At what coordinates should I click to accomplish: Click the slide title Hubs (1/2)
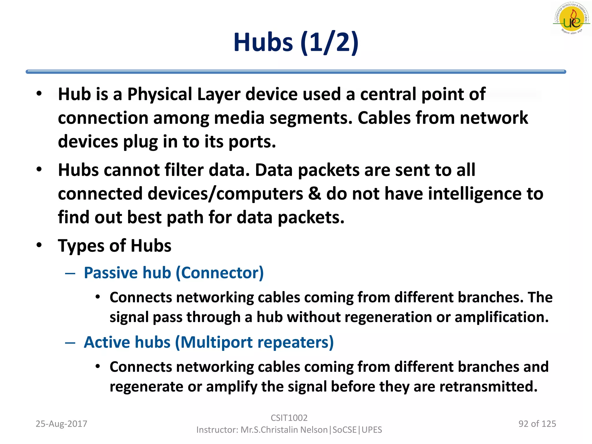point(296,42)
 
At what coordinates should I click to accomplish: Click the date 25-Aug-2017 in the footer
point(61,424)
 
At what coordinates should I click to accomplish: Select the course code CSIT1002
point(289,418)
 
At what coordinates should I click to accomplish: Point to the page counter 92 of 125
point(537,424)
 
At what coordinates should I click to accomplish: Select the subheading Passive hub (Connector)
point(174,273)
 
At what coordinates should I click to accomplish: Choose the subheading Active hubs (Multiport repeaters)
point(209,342)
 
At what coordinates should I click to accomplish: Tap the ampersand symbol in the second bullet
point(314,194)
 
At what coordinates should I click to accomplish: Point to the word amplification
point(502,317)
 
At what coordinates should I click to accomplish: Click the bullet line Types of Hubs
point(114,246)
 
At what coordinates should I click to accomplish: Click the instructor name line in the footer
point(289,430)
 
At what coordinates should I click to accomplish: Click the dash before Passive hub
point(70,273)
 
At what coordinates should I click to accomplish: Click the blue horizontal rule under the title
point(296,72)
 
